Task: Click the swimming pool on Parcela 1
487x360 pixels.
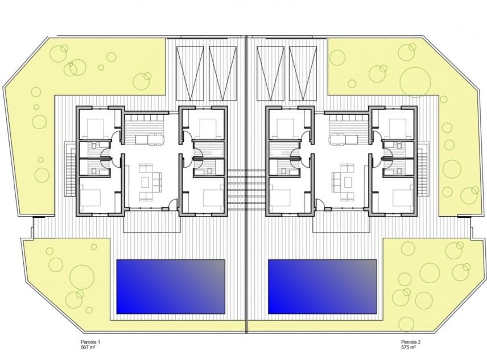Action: [170, 287]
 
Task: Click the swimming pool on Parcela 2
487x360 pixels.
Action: [322, 287]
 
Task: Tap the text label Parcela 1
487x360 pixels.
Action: [90, 342]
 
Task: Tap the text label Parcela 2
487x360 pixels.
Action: [411, 342]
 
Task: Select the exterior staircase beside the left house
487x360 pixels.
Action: [70, 169]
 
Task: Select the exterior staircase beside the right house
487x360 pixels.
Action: [423, 169]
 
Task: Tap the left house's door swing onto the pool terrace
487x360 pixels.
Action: [171, 206]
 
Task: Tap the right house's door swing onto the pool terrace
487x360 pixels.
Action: [321, 206]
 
